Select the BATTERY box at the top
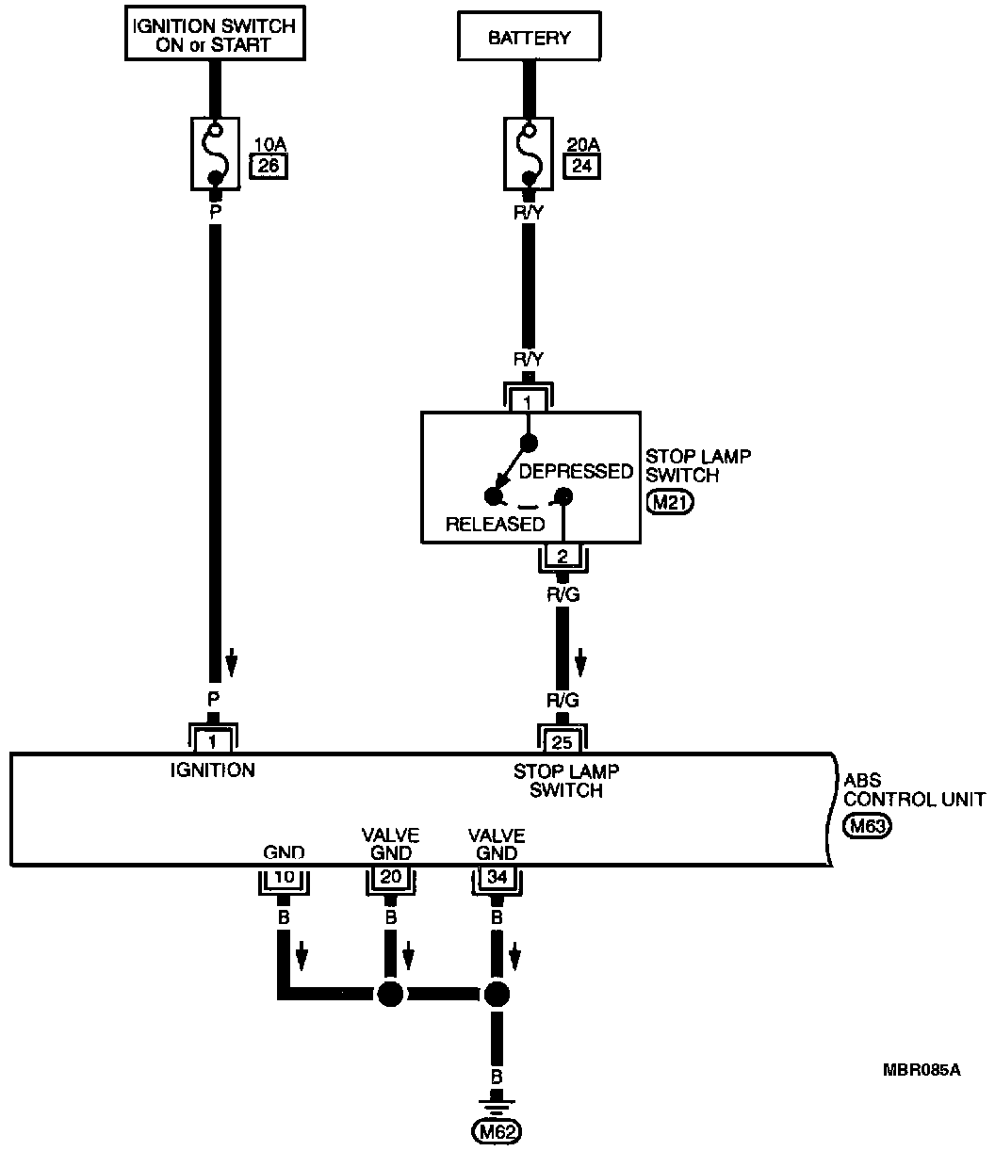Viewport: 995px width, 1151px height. (x=529, y=39)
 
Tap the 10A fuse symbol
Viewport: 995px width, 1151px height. (x=216, y=152)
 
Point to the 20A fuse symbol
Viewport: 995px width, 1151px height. (x=529, y=152)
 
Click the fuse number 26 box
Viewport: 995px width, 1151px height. (x=268, y=167)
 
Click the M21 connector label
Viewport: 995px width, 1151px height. (x=671, y=503)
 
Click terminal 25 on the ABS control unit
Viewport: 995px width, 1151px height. (x=563, y=739)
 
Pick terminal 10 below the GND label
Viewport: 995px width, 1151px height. (x=283, y=879)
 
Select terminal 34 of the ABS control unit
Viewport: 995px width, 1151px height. (x=496, y=879)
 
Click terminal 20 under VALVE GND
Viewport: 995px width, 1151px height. (x=389, y=879)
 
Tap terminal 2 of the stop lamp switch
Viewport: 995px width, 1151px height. (x=562, y=556)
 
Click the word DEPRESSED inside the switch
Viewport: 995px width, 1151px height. (x=576, y=472)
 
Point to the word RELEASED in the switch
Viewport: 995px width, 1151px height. (x=495, y=525)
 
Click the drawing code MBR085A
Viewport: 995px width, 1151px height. (x=922, y=1070)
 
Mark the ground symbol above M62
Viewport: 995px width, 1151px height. (x=497, y=1103)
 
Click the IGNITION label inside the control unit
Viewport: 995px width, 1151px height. (x=212, y=770)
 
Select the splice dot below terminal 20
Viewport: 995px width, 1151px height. (x=389, y=993)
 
